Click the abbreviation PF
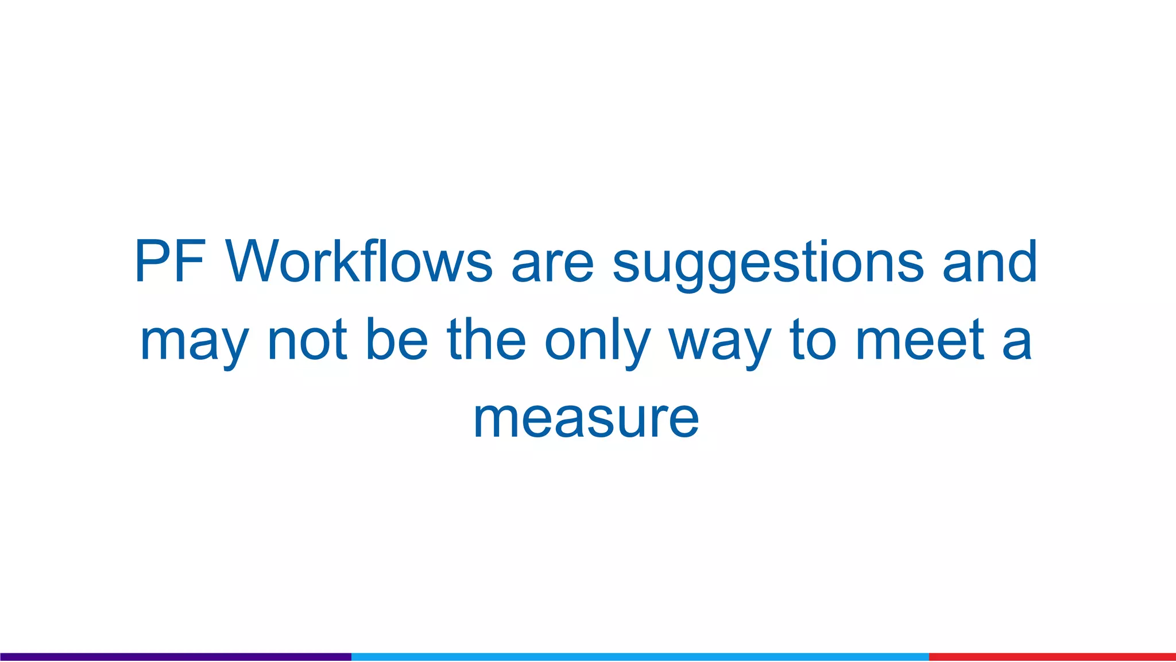pos(170,261)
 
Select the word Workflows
pos(359,261)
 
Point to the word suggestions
pos(768,263)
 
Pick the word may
pos(194,342)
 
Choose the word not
pos(307,340)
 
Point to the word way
pos(720,343)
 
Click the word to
pos(813,340)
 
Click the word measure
pos(586,419)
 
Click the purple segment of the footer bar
pos(176,656)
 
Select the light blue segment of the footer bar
pos(640,656)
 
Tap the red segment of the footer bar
pos(1052,656)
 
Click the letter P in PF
pos(153,261)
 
